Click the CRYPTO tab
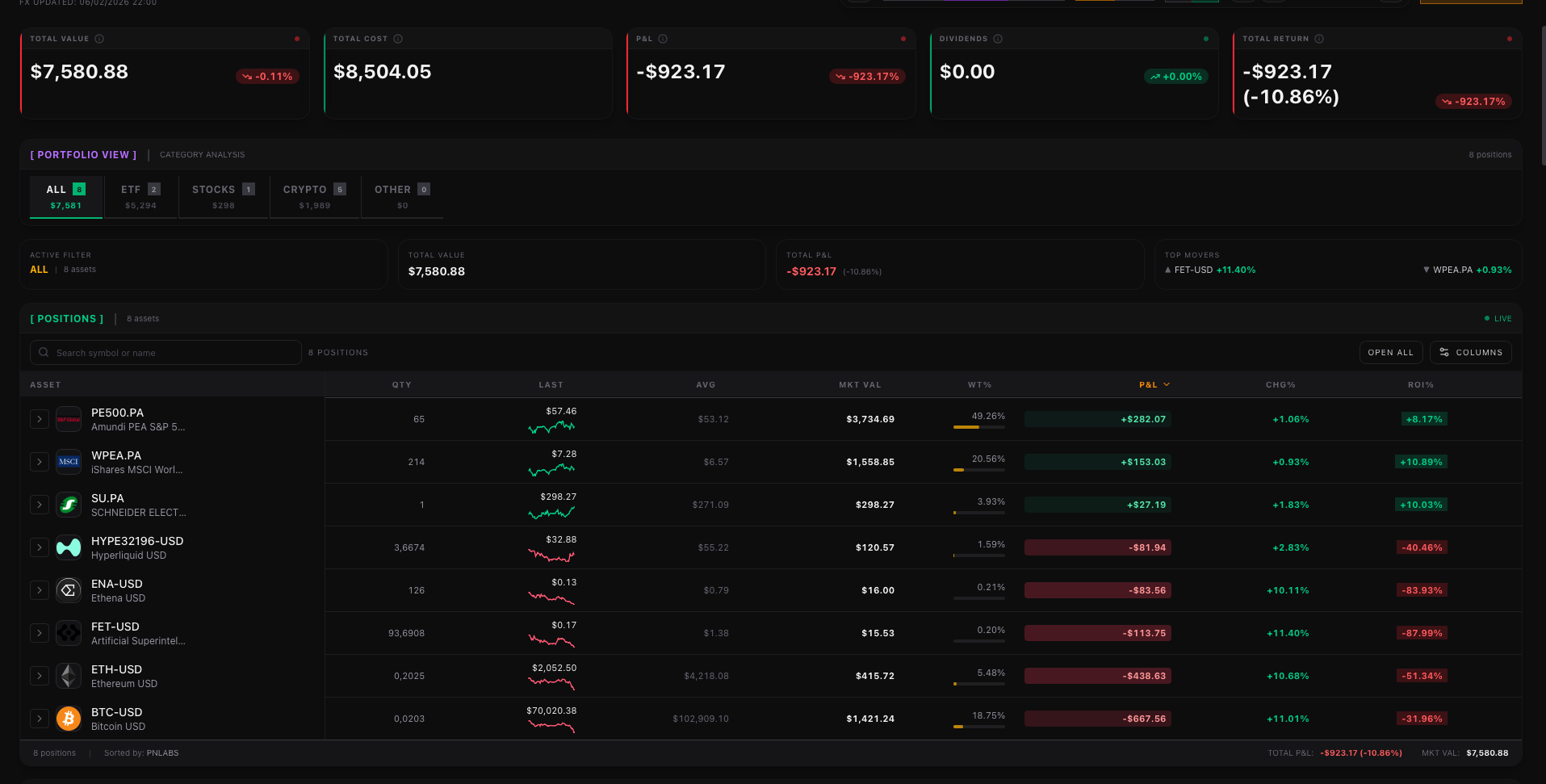(x=314, y=196)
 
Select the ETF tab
(x=140, y=196)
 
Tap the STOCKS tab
(x=223, y=196)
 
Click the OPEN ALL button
(x=1390, y=353)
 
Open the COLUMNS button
(x=1470, y=353)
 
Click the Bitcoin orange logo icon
(x=69, y=719)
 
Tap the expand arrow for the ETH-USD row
(x=40, y=676)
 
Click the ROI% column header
(x=1420, y=385)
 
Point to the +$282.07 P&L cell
(x=1142, y=420)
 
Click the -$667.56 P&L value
(x=1144, y=719)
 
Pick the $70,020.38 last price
(x=551, y=711)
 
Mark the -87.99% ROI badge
(x=1422, y=634)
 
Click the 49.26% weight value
(x=988, y=417)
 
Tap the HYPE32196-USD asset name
(x=137, y=542)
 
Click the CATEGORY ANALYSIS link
(x=202, y=155)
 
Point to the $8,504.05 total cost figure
(x=383, y=73)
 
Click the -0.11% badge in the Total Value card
(x=268, y=77)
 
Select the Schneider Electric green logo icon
(x=69, y=505)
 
